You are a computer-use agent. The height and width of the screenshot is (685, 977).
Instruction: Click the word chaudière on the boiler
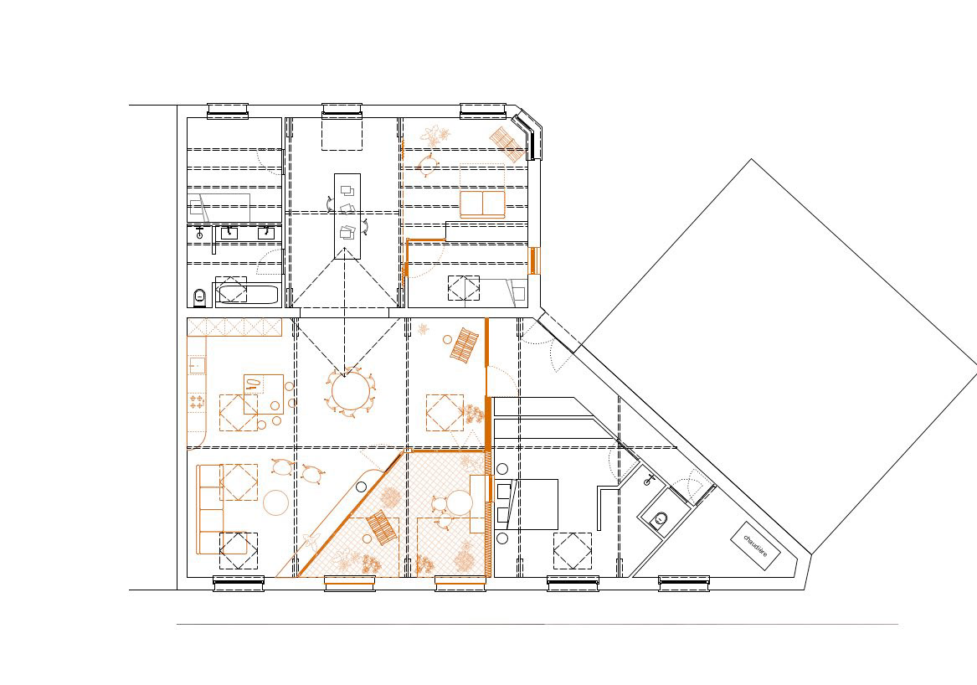[755, 544]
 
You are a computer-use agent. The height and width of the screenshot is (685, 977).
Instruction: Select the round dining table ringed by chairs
[350, 391]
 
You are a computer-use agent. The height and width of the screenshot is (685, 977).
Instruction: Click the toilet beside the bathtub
[199, 297]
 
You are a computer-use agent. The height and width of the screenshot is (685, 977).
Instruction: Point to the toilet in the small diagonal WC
[660, 518]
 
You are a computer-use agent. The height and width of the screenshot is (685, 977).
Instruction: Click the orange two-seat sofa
[482, 203]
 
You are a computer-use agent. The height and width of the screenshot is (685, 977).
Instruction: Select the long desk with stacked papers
[347, 216]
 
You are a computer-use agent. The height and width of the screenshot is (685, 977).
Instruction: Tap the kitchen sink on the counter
[197, 364]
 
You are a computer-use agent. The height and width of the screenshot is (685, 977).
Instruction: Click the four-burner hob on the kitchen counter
[197, 402]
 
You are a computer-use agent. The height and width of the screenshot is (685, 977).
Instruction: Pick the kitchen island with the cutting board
[264, 394]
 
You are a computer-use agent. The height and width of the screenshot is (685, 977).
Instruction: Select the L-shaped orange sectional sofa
[209, 509]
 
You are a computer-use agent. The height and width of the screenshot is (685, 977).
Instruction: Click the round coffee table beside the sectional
[276, 503]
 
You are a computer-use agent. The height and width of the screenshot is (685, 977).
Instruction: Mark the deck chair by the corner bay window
[506, 145]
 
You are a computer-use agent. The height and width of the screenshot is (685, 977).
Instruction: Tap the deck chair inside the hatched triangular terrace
[382, 527]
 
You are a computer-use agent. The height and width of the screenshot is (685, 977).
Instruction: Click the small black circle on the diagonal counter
[361, 487]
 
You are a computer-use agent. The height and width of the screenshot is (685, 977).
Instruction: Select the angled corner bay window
[527, 133]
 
